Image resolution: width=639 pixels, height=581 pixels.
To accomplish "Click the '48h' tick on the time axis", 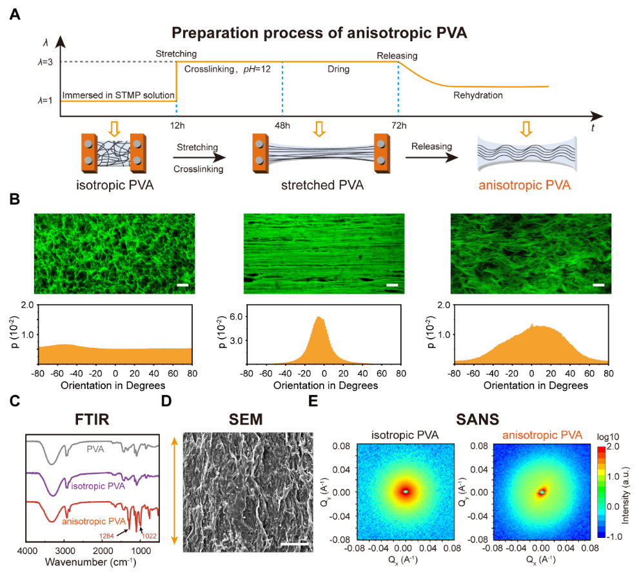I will click(x=282, y=124).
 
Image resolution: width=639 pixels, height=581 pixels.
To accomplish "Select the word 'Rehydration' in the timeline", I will click(x=477, y=95).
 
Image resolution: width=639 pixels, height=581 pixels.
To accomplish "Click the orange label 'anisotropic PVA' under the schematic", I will click(x=524, y=186).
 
